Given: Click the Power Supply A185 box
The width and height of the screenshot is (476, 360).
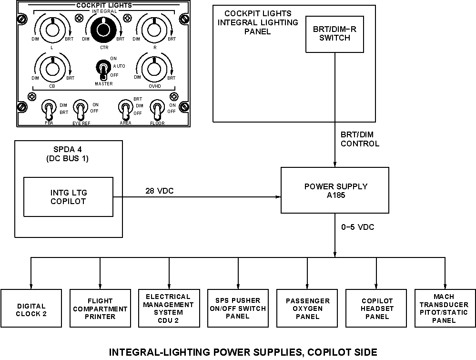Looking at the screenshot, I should tap(335, 190).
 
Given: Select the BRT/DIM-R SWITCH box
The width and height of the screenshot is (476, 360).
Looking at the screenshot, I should tap(335, 34).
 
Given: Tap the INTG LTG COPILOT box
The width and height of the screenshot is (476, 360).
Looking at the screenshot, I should tap(69, 196).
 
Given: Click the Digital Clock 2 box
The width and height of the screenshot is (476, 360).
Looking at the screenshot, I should tap(31, 309).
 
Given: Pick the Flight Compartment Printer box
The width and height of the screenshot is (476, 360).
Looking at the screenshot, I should tap(100, 309).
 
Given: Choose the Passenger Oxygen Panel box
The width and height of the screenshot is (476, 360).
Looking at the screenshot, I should tap(308, 309).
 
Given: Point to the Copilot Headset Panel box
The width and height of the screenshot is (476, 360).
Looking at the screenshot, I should tap(377, 309).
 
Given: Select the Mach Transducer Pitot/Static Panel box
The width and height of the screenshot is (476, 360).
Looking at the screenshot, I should tap(446, 309).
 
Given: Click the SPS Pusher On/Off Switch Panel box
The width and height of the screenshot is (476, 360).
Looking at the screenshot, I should tap(238, 309).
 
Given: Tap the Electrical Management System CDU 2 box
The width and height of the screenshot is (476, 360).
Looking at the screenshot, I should tap(168, 309).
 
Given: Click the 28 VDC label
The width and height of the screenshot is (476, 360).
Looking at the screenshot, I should tap(160, 191).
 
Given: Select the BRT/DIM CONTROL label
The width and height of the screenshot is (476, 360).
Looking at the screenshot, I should tap(360, 139).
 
